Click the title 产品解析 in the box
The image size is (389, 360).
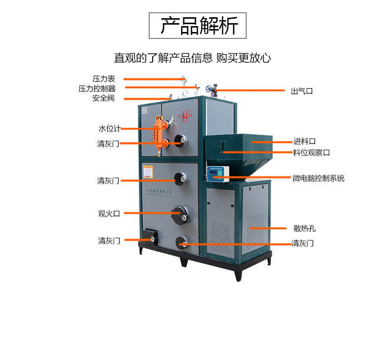[x=197, y=26]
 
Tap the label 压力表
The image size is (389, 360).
[x=103, y=79]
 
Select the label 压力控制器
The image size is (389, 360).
[x=97, y=89]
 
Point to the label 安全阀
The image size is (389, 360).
[x=103, y=98]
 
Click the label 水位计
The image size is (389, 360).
[x=109, y=129]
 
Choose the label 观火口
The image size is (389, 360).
[x=109, y=214]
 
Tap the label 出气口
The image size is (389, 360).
[x=302, y=91]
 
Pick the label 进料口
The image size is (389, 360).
[x=305, y=142]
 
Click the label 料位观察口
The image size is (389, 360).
[x=312, y=153]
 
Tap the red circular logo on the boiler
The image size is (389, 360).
[x=186, y=115]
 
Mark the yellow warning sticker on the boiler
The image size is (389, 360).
[x=148, y=172]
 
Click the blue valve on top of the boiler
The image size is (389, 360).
[x=214, y=90]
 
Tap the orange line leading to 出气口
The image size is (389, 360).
[x=251, y=91]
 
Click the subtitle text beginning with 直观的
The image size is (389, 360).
[x=193, y=58]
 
